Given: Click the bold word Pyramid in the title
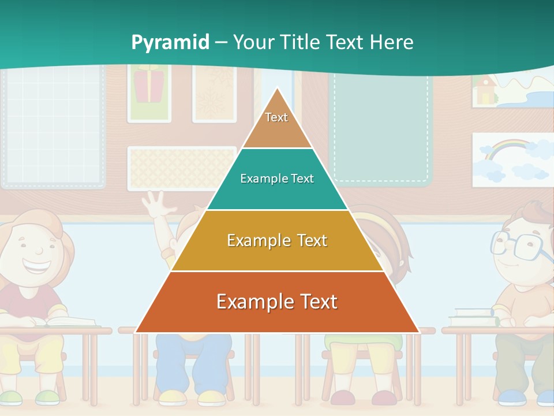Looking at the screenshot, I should (170, 43).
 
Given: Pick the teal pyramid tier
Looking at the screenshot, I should (277, 179).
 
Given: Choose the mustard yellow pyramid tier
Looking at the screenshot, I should (277, 240).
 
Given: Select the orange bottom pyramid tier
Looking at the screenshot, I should (277, 302).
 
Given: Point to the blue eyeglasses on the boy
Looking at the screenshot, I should (519, 245).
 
